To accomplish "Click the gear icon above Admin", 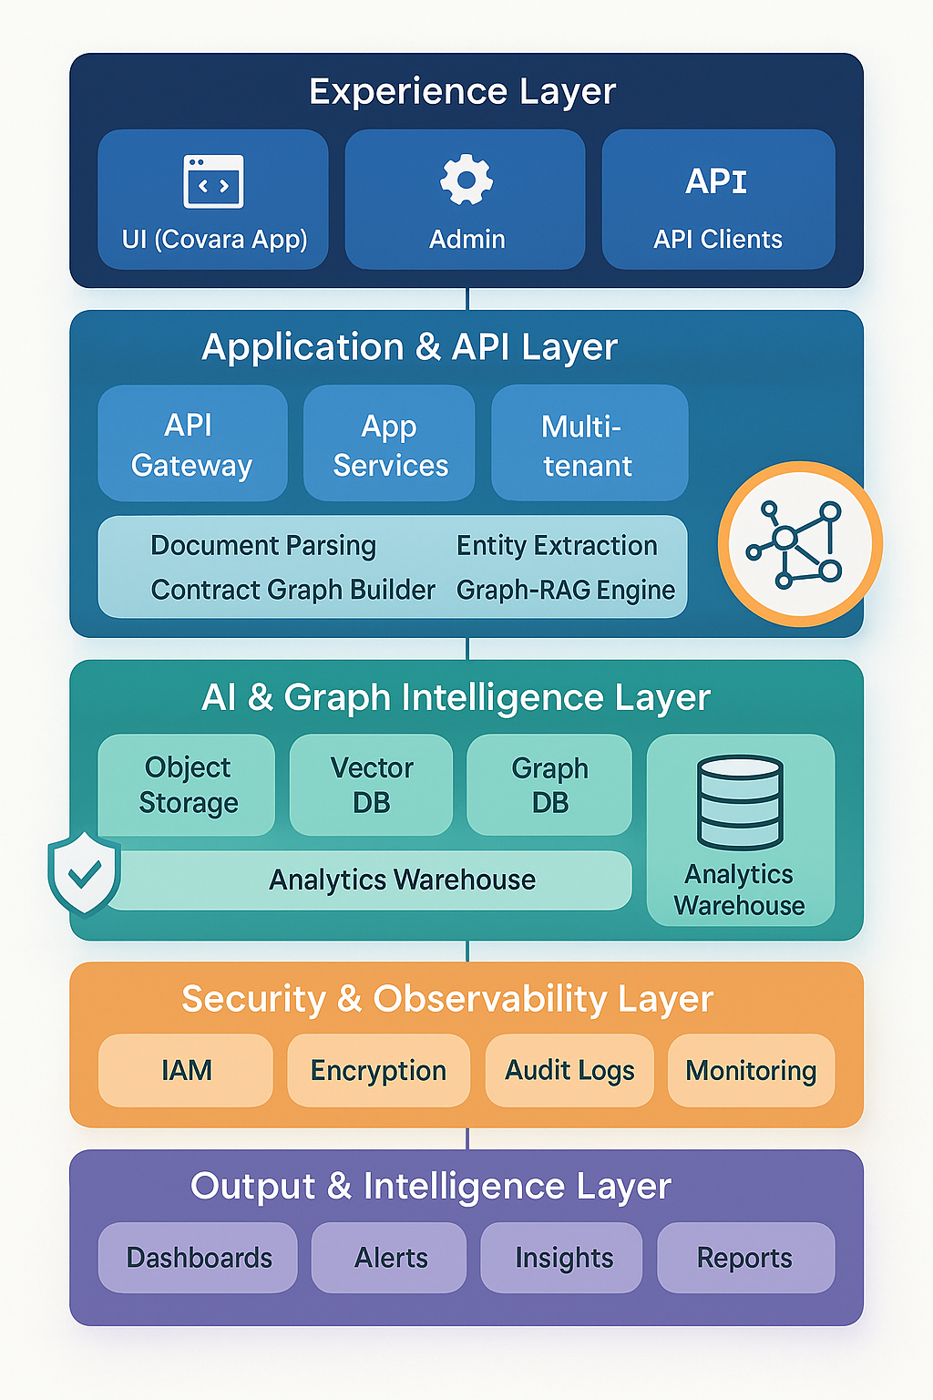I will pyautogui.click(x=466, y=180).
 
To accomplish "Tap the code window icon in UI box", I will pyautogui.click(x=213, y=181).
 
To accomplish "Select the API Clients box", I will pyautogui.click(x=718, y=200).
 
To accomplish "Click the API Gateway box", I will pyautogui.click(x=192, y=444).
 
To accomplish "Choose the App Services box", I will pyautogui.click(x=389, y=444).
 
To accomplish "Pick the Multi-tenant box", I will pyautogui.click(x=589, y=444).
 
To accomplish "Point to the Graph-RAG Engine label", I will pyautogui.click(x=566, y=591).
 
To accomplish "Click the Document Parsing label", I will pyautogui.click(x=263, y=546).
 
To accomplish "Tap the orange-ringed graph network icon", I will pyautogui.click(x=800, y=544).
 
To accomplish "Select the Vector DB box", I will pyautogui.click(x=371, y=785).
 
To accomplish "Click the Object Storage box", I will pyautogui.click(x=187, y=785).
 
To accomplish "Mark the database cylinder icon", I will pyautogui.click(x=740, y=802).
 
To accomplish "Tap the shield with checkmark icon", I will pyautogui.click(x=84, y=872).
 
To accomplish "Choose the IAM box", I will pyautogui.click(x=186, y=1070).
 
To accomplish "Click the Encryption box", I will pyautogui.click(x=378, y=1070).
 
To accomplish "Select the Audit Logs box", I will pyautogui.click(x=569, y=1070).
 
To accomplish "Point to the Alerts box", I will pyautogui.click(x=390, y=1258).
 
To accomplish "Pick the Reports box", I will pyautogui.click(x=745, y=1258).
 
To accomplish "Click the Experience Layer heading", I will pyautogui.click(x=463, y=91).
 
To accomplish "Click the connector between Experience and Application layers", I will pyautogui.click(x=467, y=299).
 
